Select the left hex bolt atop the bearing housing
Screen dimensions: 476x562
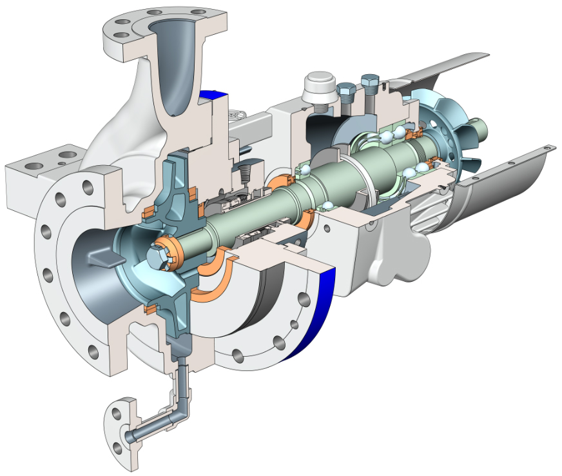tap(345, 93)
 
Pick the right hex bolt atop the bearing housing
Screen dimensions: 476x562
tap(370, 84)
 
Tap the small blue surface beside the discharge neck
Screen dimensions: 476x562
tap(213, 94)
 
